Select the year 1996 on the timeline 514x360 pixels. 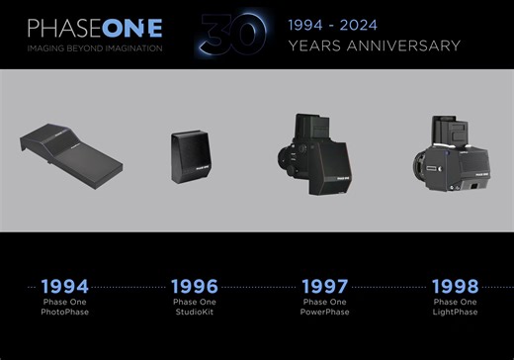(194, 287)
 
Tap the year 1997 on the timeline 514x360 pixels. (326, 287)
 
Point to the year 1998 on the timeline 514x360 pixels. (456, 287)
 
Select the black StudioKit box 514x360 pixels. (191, 154)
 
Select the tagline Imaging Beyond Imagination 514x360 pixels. (95, 47)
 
